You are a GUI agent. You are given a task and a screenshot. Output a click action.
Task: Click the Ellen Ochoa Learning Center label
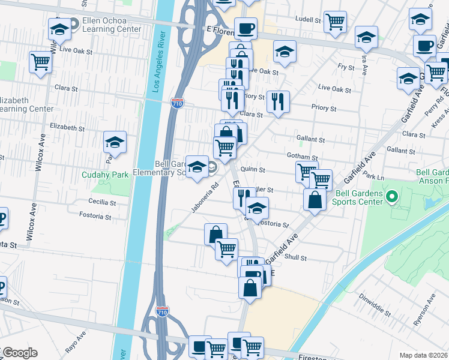tap(112, 25)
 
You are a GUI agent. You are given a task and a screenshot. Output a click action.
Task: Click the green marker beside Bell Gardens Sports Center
tap(393, 196)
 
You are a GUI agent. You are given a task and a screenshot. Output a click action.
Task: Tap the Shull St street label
tap(296, 258)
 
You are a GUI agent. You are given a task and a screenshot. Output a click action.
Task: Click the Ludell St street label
tap(310, 20)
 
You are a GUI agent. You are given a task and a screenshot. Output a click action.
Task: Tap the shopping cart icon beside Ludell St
tap(334, 23)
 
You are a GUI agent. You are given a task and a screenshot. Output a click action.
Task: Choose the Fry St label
tap(346, 67)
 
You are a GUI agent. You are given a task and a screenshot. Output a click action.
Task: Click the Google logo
tap(19, 353)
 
